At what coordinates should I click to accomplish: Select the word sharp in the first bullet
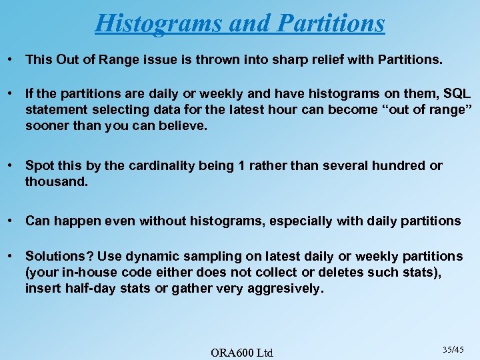(x=280, y=59)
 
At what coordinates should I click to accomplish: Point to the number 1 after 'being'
(x=241, y=165)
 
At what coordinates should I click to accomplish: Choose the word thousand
(x=56, y=181)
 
